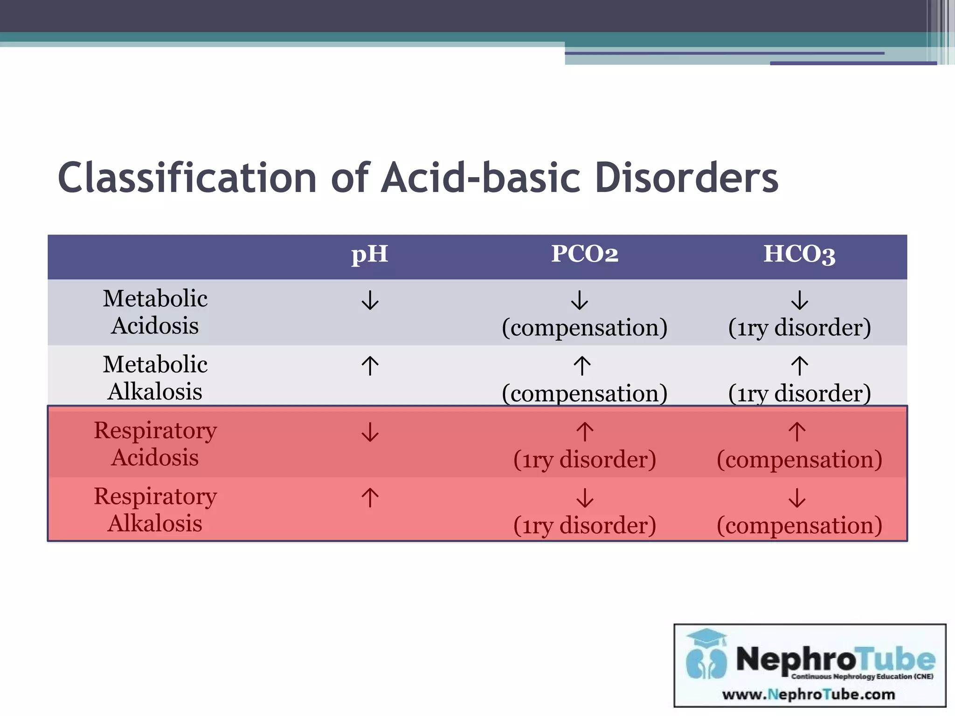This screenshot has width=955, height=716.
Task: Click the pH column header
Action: (x=369, y=255)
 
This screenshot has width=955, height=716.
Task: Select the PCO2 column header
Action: (x=584, y=255)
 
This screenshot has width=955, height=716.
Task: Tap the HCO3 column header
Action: (x=799, y=255)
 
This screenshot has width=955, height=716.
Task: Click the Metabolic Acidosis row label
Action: (x=155, y=312)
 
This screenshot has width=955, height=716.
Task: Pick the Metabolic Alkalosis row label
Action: (x=155, y=378)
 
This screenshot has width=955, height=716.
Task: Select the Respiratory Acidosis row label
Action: (x=155, y=444)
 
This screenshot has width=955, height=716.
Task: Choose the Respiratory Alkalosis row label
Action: (x=155, y=509)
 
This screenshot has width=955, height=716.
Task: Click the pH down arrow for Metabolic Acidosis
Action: (x=370, y=300)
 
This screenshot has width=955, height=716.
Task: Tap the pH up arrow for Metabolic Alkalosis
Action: (x=370, y=366)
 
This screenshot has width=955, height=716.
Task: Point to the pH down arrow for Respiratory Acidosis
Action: (x=370, y=432)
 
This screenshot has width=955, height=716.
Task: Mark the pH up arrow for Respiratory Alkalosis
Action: (x=370, y=498)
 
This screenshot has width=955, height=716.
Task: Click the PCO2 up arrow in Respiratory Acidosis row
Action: (x=585, y=432)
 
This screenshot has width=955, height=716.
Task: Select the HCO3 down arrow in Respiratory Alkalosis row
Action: (x=797, y=498)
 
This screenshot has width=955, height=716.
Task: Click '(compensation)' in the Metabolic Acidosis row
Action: (x=584, y=328)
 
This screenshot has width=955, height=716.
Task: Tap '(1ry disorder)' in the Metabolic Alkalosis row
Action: (x=799, y=393)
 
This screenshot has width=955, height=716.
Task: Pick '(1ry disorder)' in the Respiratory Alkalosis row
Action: (x=584, y=525)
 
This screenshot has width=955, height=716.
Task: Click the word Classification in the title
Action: (x=187, y=178)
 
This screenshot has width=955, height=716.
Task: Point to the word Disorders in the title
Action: (x=686, y=178)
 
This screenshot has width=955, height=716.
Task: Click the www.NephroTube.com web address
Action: (x=809, y=695)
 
